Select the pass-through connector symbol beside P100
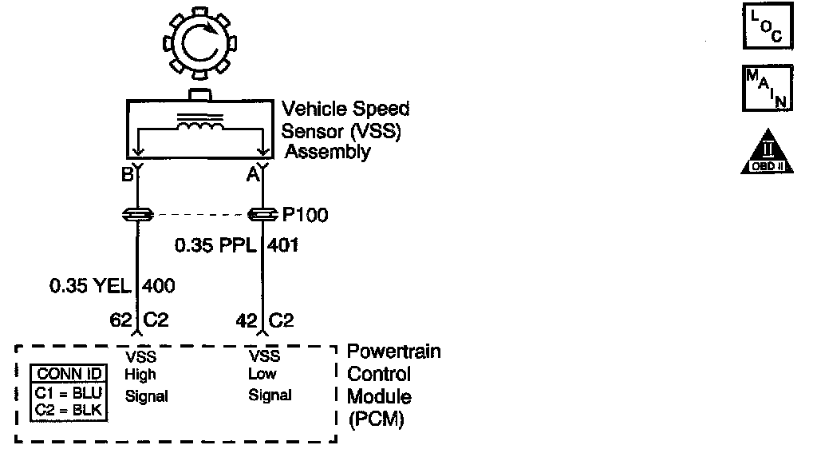coord(262,215)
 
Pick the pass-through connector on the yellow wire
coord(138,215)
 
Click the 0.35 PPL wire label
coord(215,245)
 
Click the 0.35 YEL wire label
coord(90,284)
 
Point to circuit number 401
coord(283,245)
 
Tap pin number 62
coord(120,321)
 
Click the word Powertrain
coord(394,352)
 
